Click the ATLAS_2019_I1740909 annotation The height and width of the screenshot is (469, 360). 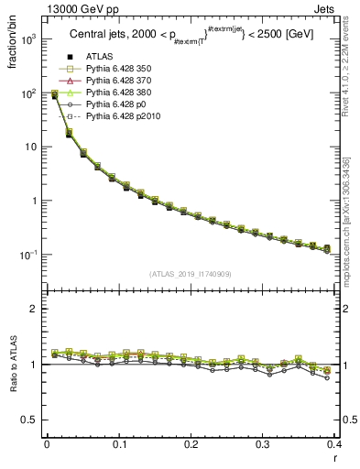point(191,274)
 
